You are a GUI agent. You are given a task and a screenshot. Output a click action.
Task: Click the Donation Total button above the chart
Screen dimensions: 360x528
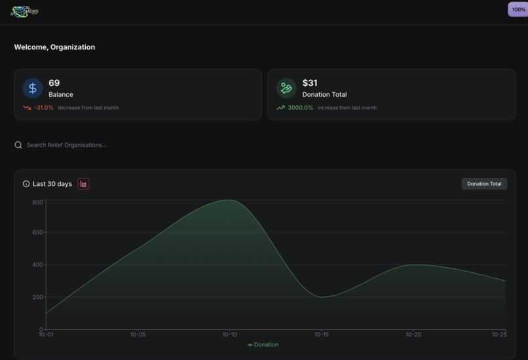coord(484,184)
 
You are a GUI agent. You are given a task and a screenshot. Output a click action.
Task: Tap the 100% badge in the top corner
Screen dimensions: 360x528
coord(518,9)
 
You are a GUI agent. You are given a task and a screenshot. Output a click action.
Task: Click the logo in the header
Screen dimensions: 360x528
coord(24,12)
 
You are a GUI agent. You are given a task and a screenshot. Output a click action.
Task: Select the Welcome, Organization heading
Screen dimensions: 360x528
coord(54,47)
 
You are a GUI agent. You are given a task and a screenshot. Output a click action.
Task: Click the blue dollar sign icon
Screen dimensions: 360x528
coord(33,88)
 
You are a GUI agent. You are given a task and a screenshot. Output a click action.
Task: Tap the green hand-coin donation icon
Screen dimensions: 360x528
coord(286,88)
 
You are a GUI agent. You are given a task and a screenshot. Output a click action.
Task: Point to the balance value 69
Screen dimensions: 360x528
coord(54,83)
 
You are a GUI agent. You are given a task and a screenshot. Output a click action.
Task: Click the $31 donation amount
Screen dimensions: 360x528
coord(310,83)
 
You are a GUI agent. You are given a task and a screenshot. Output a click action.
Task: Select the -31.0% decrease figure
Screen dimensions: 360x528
coord(44,108)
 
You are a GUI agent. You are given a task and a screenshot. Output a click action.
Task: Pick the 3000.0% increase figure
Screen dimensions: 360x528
coord(300,108)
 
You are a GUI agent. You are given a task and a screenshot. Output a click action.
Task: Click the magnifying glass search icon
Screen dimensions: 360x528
coord(18,145)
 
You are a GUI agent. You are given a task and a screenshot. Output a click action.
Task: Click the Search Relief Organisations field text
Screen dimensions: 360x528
coord(67,145)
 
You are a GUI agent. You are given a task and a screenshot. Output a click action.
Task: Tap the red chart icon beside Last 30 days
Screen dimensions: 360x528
coord(83,184)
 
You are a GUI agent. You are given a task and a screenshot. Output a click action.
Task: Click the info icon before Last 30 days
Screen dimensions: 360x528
coord(26,184)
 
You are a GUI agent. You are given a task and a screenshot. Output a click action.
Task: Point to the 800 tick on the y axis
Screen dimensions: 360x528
coord(37,202)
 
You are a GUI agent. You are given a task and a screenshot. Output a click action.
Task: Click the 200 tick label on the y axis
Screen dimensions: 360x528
coord(37,297)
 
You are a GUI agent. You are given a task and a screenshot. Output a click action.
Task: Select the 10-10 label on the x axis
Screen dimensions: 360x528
coord(229,335)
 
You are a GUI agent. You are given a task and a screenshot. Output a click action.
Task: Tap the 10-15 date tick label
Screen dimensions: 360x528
coord(322,335)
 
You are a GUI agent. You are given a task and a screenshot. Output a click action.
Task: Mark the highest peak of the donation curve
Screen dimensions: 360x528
coord(229,200)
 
